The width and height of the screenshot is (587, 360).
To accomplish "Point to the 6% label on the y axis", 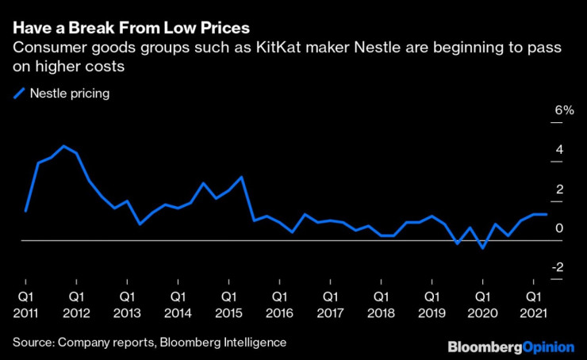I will [x=564, y=110].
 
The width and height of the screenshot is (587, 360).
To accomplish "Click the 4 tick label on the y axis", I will [x=560, y=150].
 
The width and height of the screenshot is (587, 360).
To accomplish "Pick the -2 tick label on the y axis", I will [x=558, y=268].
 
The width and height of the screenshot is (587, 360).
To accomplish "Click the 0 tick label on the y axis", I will [x=560, y=228].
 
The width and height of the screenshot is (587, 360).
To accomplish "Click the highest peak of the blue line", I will [x=63, y=147].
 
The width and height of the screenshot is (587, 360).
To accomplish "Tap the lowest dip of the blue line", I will [x=482, y=248].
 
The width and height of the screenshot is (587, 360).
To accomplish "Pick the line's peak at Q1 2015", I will [x=241, y=177].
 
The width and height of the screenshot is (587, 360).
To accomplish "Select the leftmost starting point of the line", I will [x=25, y=212].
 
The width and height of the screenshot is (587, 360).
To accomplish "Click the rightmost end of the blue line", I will [x=546, y=215].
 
